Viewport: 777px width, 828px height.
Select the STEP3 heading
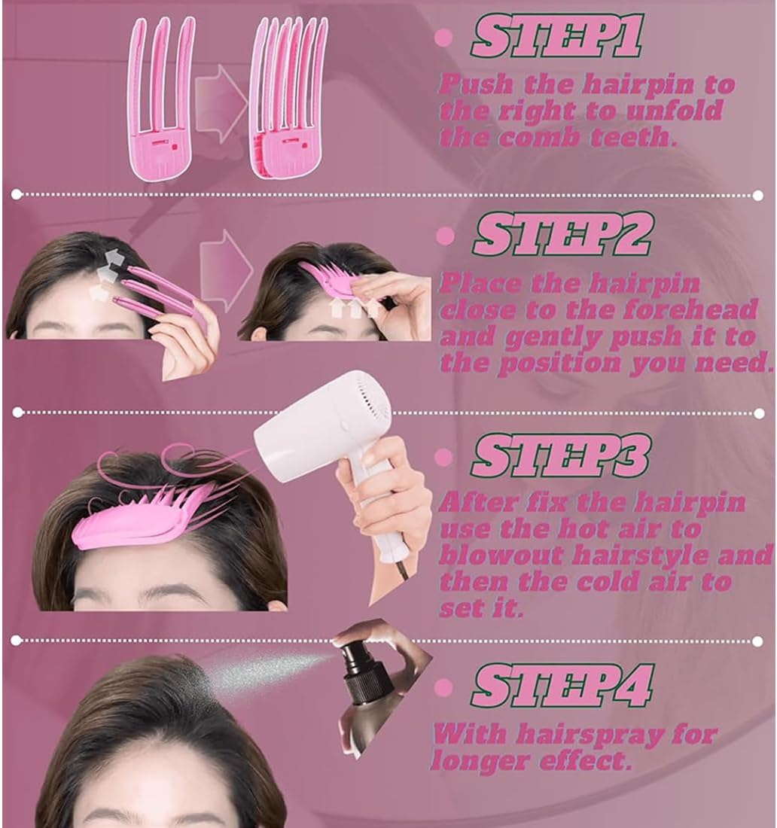[560, 457]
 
